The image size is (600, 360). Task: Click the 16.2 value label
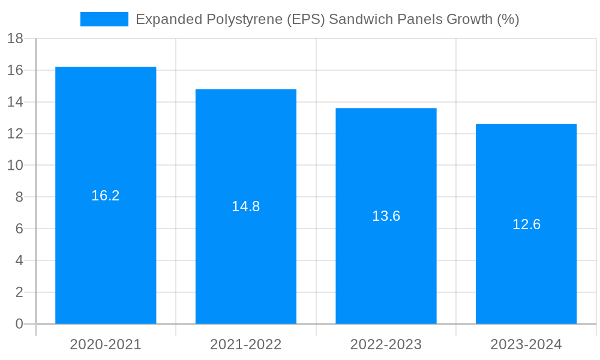click(x=106, y=196)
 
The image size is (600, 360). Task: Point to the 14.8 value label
click(x=246, y=206)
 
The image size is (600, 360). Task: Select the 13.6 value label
click(x=386, y=216)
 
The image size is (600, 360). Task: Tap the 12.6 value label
click(x=526, y=224)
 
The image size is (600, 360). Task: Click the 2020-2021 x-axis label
click(x=106, y=344)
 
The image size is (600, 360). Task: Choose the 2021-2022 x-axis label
click(x=246, y=344)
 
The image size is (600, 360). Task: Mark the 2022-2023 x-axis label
click(x=386, y=344)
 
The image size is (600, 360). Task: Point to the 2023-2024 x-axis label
click(x=526, y=344)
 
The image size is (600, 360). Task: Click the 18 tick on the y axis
click(x=15, y=39)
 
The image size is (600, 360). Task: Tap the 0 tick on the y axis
click(x=19, y=324)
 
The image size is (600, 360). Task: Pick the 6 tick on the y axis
click(x=19, y=229)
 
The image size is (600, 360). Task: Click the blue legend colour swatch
click(x=104, y=19)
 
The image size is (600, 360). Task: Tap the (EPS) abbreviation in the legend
click(x=305, y=19)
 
